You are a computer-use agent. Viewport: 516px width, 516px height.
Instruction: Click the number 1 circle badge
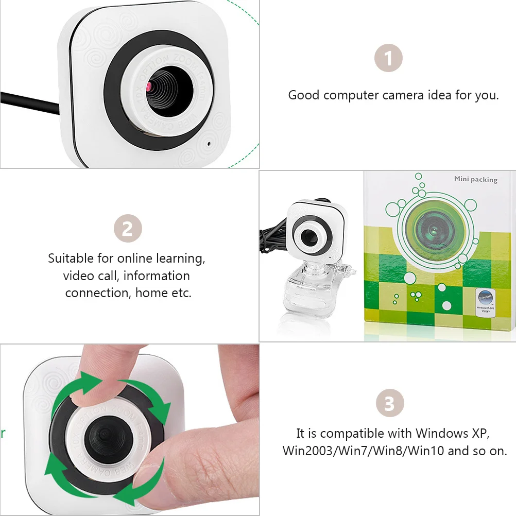click(x=388, y=58)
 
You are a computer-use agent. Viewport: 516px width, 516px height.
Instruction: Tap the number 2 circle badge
click(x=127, y=229)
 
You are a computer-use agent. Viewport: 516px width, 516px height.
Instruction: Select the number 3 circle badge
click(x=389, y=403)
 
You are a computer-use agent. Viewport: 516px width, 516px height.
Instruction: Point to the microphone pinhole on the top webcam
click(x=209, y=144)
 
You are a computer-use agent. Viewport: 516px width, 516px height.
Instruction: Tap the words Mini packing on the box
click(x=475, y=179)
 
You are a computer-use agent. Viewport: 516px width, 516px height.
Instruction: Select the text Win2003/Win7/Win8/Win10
click(x=364, y=451)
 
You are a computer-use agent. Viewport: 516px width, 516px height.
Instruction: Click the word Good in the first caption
click(x=304, y=95)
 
